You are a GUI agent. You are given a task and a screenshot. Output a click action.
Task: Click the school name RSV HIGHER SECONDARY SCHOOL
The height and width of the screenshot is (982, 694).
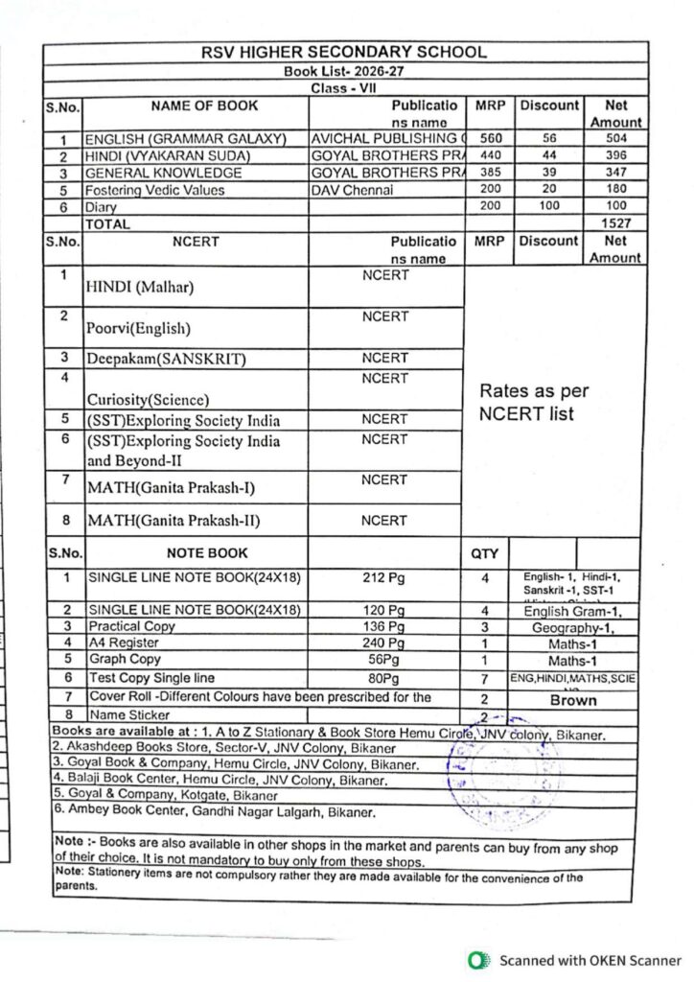(344, 53)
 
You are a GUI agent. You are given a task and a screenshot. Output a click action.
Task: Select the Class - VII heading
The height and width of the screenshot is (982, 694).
(344, 88)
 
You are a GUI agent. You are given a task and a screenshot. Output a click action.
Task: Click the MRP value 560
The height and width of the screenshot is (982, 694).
(491, 139)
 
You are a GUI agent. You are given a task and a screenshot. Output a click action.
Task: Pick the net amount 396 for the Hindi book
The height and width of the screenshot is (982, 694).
(615, 156)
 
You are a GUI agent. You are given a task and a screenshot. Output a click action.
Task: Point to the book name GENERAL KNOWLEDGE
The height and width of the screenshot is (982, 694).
(164, 174)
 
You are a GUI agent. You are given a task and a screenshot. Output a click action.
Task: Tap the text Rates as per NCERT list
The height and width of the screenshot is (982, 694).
(534, 403)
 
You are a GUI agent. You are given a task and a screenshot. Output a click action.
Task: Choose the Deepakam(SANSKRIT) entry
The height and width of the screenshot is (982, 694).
(166, 360)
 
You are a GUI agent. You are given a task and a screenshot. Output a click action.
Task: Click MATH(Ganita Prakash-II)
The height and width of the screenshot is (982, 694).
(173, 522)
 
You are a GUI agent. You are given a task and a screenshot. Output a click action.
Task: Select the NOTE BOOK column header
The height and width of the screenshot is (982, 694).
(206, 553)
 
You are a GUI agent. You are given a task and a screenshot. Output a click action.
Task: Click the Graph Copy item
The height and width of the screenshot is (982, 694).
(125, 660)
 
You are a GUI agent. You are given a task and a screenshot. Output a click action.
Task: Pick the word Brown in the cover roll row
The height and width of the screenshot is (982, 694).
(572, 701)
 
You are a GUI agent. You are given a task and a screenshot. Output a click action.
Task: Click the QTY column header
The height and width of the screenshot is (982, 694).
(486, 553)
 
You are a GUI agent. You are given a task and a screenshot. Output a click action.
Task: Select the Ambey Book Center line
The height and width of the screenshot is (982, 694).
(215, 811)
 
